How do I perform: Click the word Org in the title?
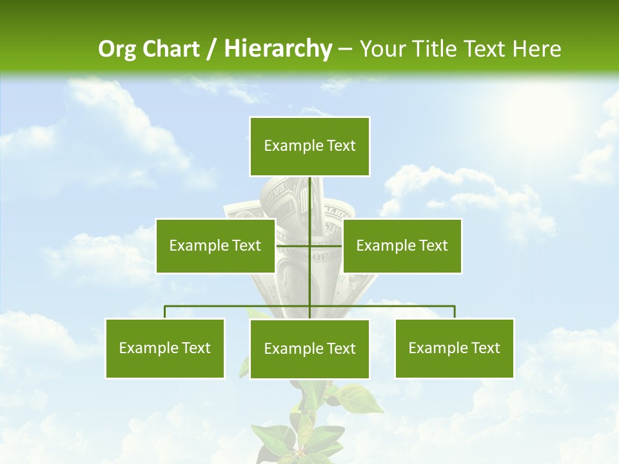(x=117, y=49)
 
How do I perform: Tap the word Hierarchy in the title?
(x=277, y=49)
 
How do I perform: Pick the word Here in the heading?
(x=536, y=49)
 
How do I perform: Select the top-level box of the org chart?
(x=309, y=146)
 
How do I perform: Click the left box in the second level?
(x=215, y=246)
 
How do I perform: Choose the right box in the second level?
(x=402, y=246)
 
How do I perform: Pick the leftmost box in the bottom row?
(x=165, y=348)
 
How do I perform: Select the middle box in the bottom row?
(x=309, y=349)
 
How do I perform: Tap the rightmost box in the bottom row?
(x=455, y=348)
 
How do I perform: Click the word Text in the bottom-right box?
(x=486, y=348)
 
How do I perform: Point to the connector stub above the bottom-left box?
(x=165, y=312)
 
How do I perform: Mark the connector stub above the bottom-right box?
(x=455, y=312)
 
